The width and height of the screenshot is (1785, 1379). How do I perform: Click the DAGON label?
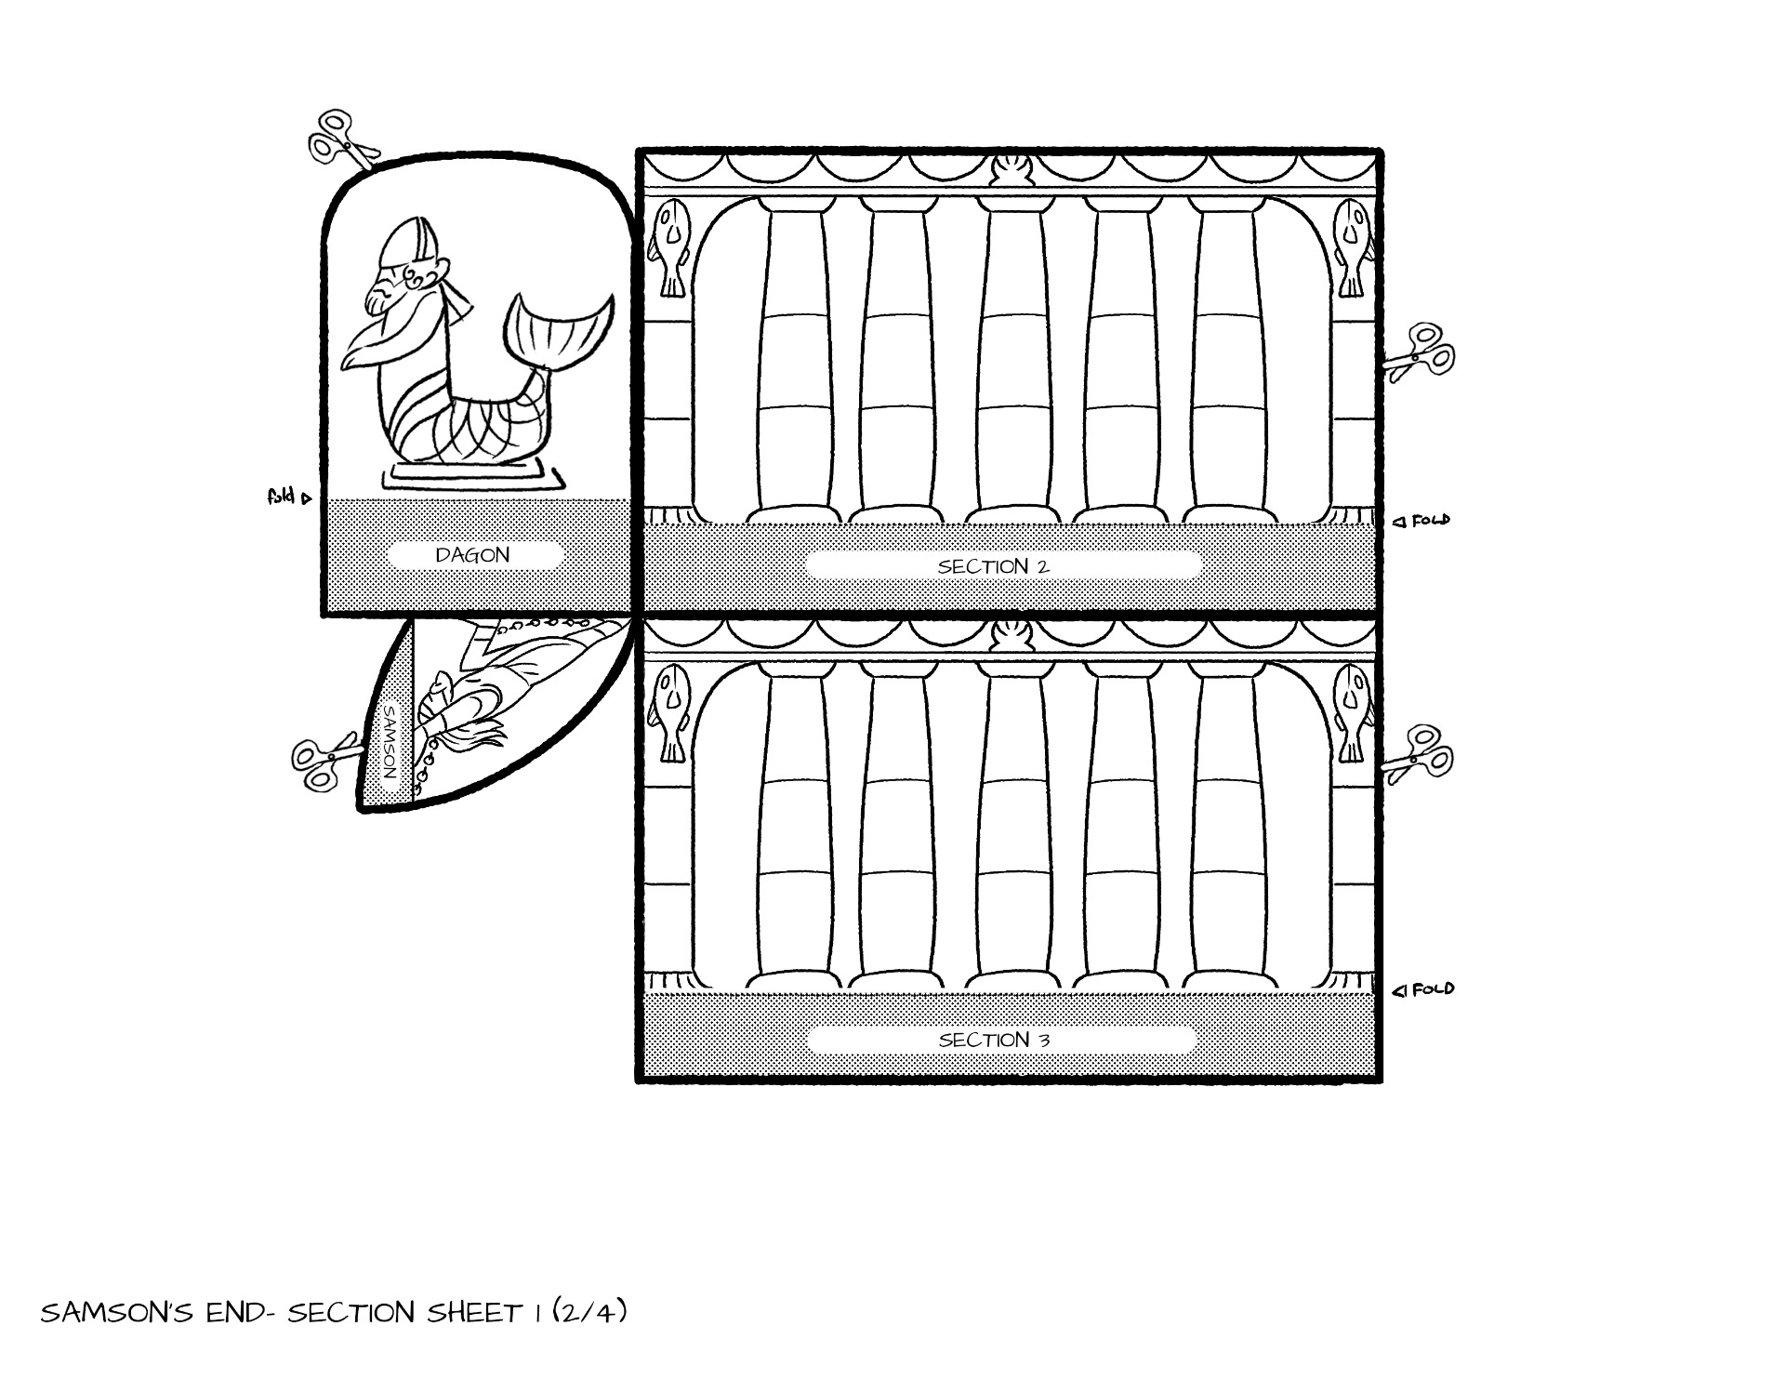click(x=472, y=555)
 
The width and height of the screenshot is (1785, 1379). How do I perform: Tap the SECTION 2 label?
click(x=994, y=566)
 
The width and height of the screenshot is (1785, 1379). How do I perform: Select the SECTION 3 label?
click(x=994, y=1040)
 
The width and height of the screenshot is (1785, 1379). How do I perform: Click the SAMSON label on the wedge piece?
click(x=390, y=740)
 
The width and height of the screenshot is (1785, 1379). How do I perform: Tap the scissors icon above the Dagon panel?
click(x=342, y=141)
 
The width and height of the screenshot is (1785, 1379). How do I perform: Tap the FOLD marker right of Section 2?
click(x=1421, y=521)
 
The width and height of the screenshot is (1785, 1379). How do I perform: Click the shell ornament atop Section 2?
click(x=1008, y=172)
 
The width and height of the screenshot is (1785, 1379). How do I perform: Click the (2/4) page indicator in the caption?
click(x=589, y=1311)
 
